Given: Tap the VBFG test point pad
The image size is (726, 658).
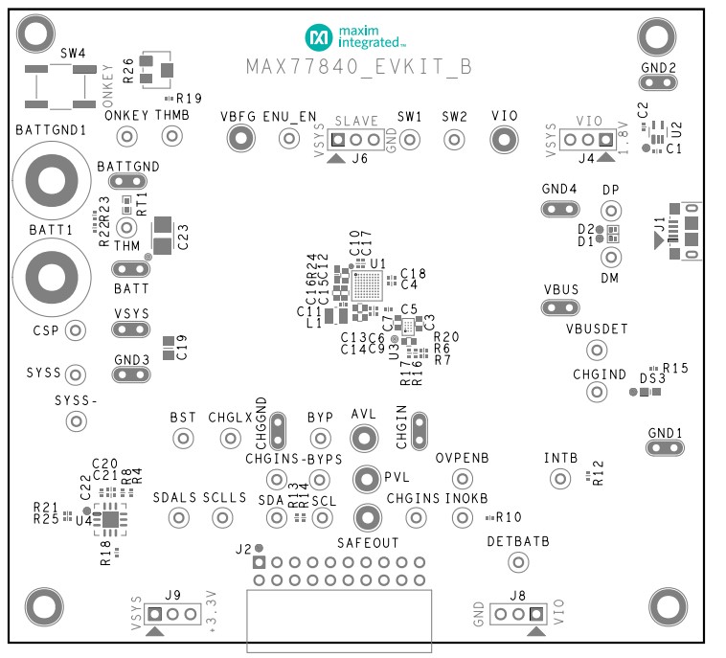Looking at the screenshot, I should point(238,140).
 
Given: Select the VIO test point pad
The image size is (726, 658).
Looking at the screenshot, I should point(504,140).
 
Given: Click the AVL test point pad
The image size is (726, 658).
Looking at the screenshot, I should point(363,439).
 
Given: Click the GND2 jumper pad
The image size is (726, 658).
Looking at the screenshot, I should point(659,82).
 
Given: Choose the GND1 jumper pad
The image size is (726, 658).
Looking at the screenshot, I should point(665,447).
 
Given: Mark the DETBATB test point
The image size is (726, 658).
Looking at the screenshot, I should point(518,562).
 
